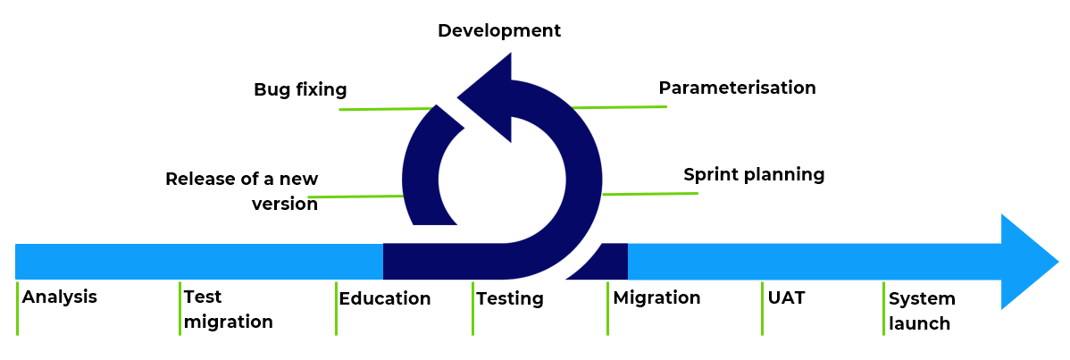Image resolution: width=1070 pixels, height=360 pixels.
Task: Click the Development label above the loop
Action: tap(499, 30)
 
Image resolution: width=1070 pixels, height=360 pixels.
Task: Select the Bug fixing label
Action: tap(300, 90)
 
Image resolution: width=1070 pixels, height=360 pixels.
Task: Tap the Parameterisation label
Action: tap(737, 88)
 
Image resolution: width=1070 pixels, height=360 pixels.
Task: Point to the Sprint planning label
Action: tap(754, 175)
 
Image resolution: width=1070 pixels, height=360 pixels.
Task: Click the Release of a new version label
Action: tap(242, 191)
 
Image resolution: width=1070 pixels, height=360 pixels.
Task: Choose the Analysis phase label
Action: tap(60, 297)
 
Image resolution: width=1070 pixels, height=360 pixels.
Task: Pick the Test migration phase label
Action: tap(228, 309)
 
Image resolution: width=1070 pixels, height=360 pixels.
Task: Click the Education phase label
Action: tap(385, 298)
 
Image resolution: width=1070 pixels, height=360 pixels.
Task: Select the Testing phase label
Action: tap(510, 299)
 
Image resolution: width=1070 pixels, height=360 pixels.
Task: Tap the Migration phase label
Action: tap(656, 297)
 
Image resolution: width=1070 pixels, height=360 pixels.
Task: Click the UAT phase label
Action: tap(786, 297)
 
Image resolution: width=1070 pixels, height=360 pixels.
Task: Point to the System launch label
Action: tap(922, 311)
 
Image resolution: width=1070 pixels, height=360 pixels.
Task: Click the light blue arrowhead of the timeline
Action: tap(1027, 262)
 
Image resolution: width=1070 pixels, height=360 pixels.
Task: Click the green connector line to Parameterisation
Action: tap(619, 107)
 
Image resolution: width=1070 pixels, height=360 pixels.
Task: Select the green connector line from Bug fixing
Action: tap(386, 109)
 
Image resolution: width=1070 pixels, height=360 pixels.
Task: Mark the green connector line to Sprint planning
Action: tap(650, 194)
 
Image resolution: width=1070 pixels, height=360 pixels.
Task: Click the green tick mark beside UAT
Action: tap(762, 308)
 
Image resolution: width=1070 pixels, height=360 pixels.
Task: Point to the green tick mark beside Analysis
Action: tap(17, 308)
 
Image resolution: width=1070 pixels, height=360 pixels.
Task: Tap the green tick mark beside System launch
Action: tap(883, 308)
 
